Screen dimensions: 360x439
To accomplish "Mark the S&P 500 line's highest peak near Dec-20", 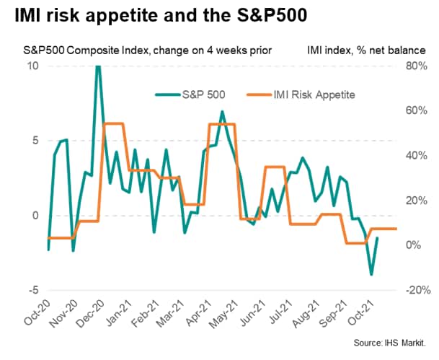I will click(x=97, y=66).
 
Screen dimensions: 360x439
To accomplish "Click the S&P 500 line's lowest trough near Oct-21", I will click(x=371, y=274).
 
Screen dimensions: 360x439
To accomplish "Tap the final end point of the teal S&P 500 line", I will click(x=378, y=238).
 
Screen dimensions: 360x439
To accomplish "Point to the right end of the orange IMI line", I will click(x=396, y=229).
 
